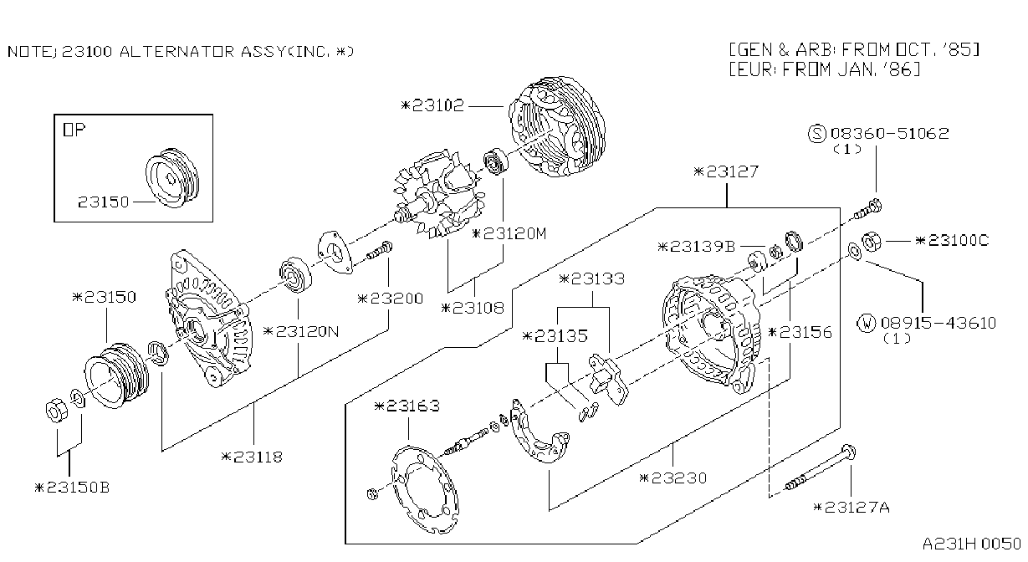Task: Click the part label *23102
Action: (432, 106)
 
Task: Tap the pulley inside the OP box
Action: (172, 177)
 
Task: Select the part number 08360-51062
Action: (889, 133)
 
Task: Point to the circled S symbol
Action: (817, 134)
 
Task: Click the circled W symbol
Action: (867, 324)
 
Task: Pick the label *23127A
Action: (852, 508)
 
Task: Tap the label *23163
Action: (407, 406)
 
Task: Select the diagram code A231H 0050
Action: (972, 544)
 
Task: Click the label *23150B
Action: (72, 488)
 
